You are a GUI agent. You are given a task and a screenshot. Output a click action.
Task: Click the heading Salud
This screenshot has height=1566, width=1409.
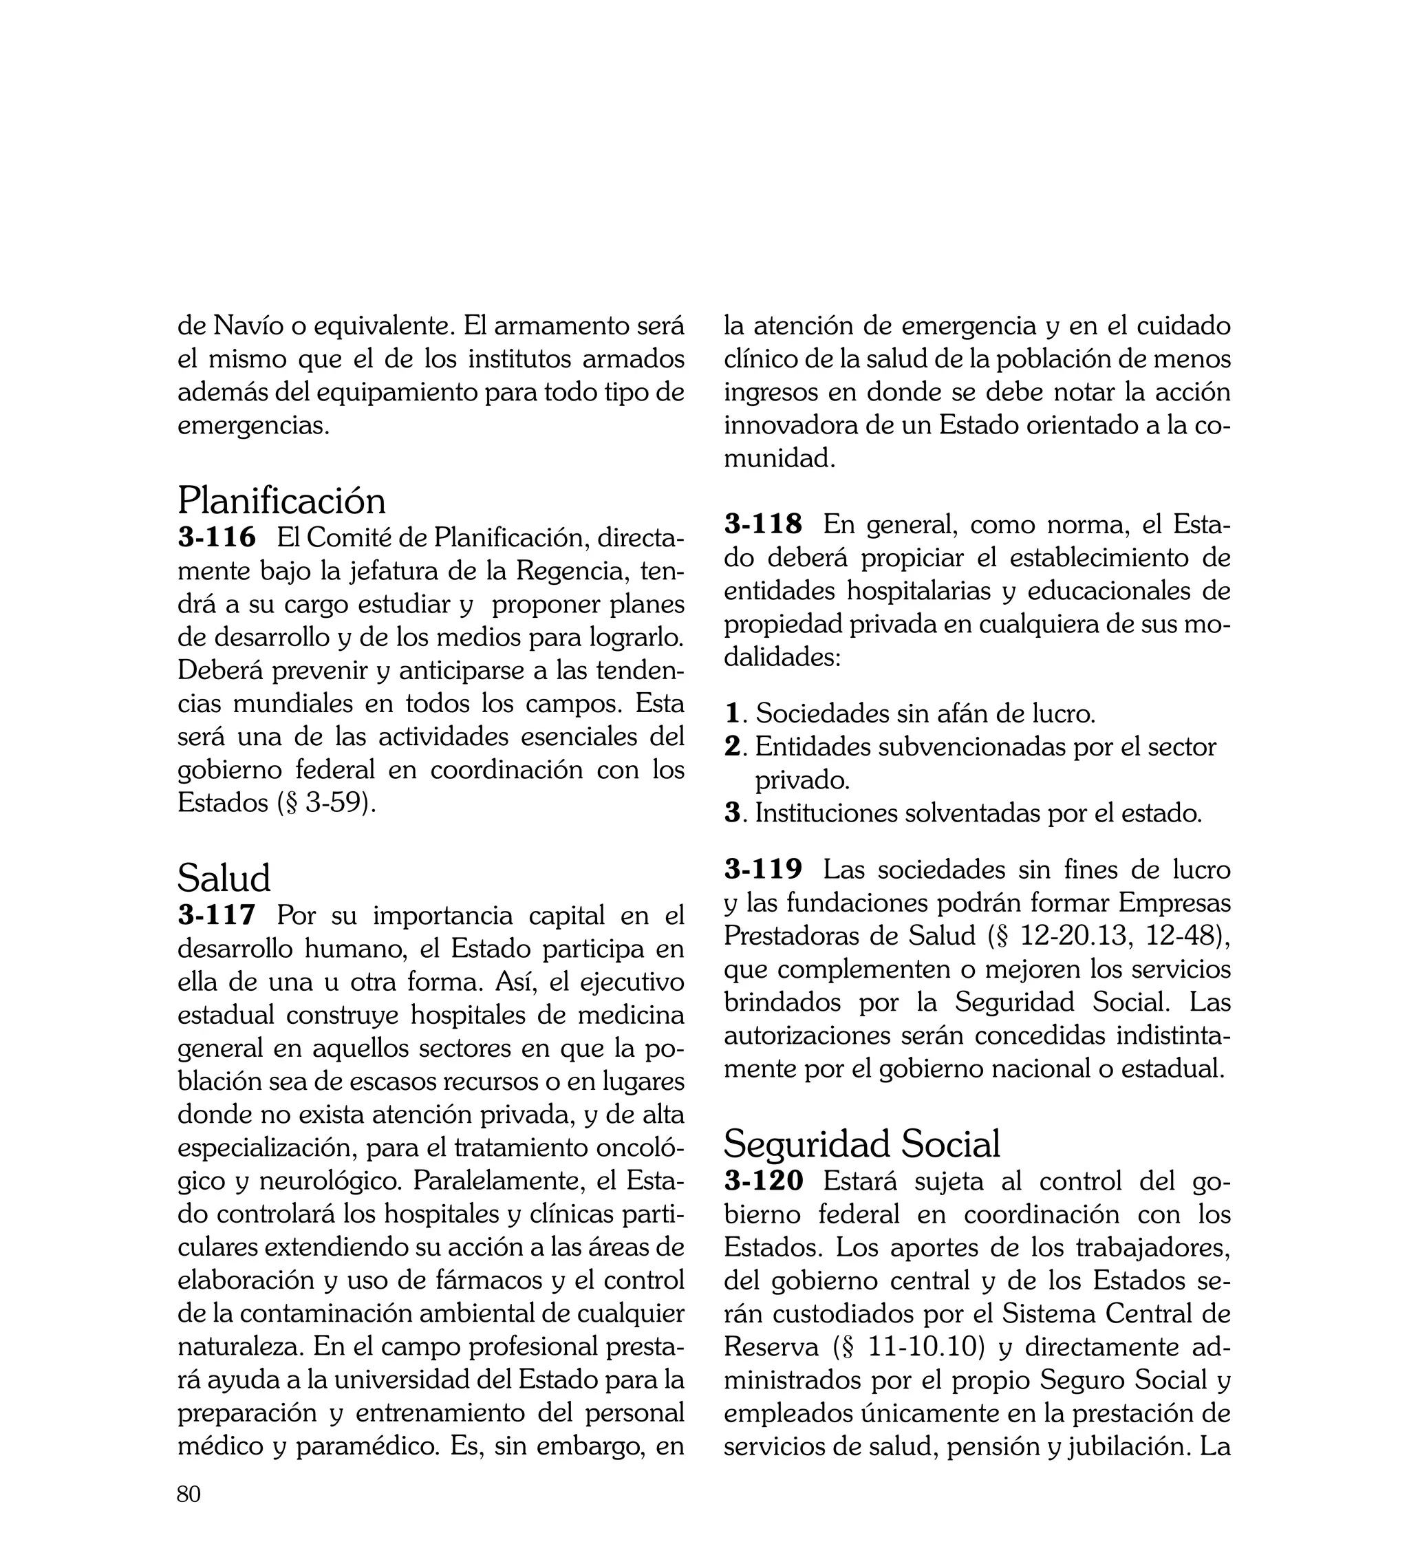click(x=224, y=879)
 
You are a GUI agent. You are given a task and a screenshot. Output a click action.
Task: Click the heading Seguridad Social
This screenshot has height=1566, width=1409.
click(x=861, y=1144)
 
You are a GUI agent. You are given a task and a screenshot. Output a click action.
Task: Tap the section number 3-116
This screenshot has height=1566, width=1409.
click(x=217, y=537)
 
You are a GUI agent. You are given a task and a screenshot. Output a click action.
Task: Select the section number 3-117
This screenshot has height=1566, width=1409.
click(x=217, y=915)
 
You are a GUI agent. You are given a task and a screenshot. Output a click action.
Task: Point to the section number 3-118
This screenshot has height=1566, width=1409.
click(x=764, y=524)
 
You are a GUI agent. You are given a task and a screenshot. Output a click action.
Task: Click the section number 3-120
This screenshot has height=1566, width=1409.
click(x=764, y=1181)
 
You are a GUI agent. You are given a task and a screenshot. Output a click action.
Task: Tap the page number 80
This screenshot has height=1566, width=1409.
click(x=189, y=1494)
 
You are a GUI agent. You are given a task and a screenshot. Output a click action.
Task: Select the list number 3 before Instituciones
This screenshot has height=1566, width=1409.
click(x=733, y=813)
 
